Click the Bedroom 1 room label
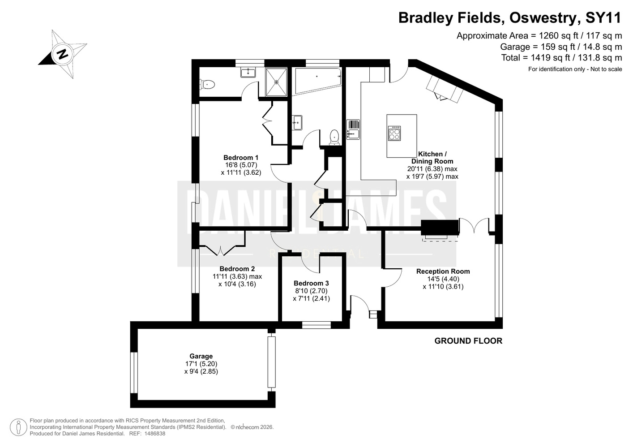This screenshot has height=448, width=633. tap(241, 158)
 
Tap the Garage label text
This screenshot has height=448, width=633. tap(201, 356)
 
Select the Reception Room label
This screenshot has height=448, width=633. tap(443, 271)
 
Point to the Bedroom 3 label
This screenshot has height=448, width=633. tap(311, 283)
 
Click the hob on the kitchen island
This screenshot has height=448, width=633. tap(394, 133)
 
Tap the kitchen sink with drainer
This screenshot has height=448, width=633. tap(353, 129)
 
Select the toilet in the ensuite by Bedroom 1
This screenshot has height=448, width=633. tap(207, 84)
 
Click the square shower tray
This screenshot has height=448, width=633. tap(276, 82)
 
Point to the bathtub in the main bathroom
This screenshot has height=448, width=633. tap(318, 81)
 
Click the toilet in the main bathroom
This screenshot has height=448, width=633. tap(334, 138)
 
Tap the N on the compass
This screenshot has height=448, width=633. tap(62, 54)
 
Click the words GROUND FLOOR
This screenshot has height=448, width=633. tap(468, 341)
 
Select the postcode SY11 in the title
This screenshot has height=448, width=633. tap(603, 18)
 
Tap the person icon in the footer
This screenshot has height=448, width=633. tap(19, 427)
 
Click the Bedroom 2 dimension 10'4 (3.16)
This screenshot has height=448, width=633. tap(237, 284)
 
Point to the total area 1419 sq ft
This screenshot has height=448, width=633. tap(553, 58)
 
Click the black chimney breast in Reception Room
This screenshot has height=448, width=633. tap(440, 228)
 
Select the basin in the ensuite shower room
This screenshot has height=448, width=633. tap(248, 72)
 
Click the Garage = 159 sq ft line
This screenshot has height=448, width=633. tap(561, 47)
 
